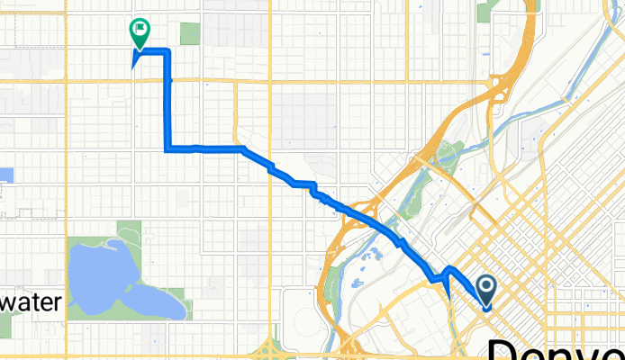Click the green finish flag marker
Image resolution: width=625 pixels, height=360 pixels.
click(140, 33)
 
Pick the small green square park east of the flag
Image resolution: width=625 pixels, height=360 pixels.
click(189, 34)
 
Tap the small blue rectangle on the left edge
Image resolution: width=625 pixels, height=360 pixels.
click(6, 175)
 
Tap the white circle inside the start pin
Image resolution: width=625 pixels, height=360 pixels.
click(486, 286)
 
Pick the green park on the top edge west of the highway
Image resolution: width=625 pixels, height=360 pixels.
click(489, 11)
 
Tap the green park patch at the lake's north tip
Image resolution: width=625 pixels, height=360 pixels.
click(128, 230)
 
